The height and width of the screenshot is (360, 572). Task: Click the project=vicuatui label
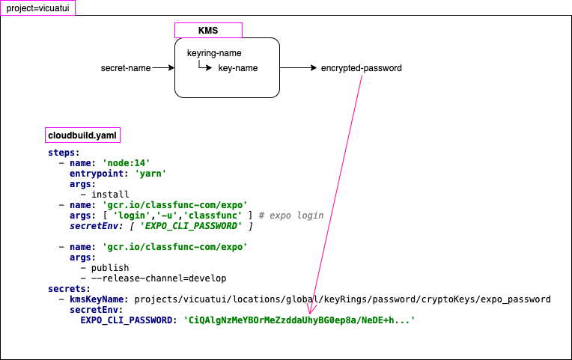37,7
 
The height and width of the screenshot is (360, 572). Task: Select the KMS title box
208,30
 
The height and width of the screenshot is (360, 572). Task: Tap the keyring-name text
214,53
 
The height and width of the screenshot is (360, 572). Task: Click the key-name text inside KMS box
238,68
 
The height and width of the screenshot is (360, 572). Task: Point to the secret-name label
126,68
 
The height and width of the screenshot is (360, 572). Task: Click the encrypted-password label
362,68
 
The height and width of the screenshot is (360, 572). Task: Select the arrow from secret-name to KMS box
162,68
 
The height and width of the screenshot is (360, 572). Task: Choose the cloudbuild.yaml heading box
82,135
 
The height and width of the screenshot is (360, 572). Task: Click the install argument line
109,194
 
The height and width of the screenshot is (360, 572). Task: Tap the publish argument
109,267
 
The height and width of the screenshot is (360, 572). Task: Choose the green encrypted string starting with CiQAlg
299,320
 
